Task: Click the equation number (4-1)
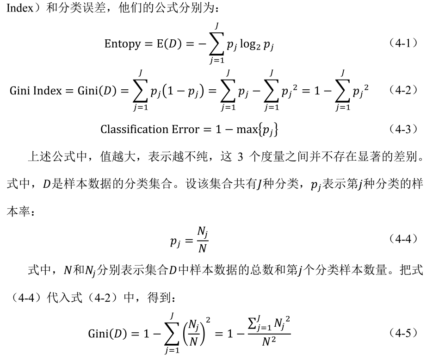(403, 43)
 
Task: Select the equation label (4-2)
(403, 90)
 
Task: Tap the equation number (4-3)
(403, 129)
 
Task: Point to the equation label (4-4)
(403, 239)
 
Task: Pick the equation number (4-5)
(403, 333)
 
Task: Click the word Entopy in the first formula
(123, 44)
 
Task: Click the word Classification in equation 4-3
(134, 129)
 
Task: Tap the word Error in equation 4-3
(185, 130)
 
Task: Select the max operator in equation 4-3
(247, 130)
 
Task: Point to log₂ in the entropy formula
(250, 44)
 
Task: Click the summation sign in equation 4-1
(216, 44)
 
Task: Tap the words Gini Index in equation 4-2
(36, 91)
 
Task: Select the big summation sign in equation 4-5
(172, 334)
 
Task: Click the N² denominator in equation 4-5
(269, 341)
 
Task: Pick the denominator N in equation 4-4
(202, 248)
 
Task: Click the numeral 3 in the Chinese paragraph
(240, 157)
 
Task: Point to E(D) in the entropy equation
(169, 44)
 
